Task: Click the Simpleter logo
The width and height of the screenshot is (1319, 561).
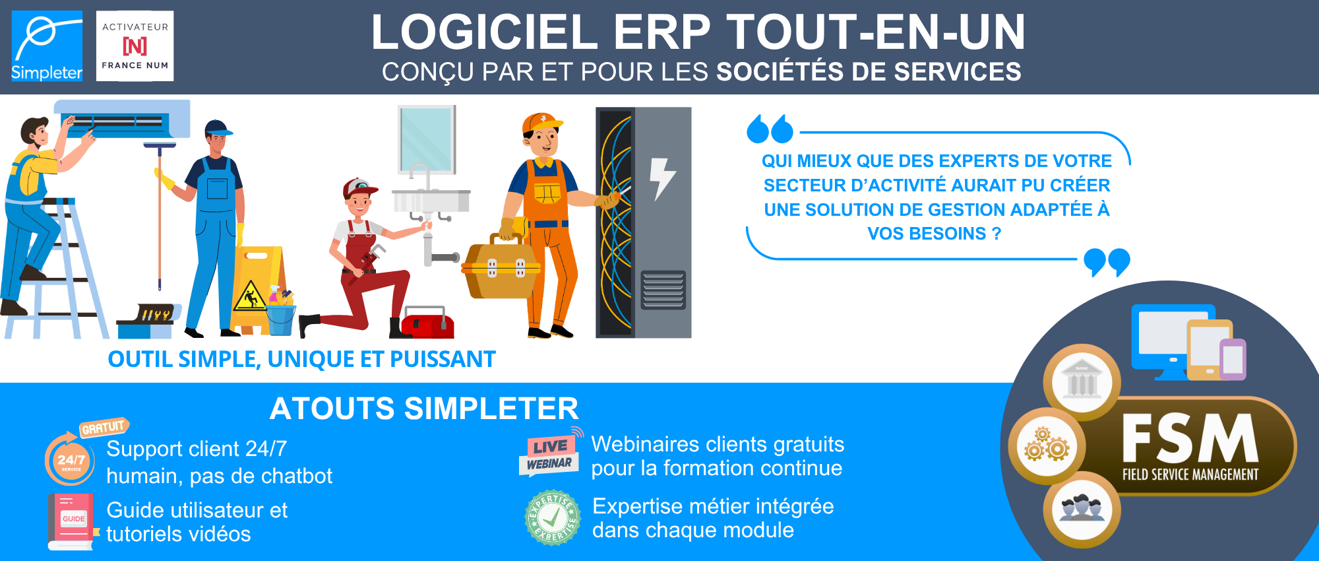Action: (47, 46)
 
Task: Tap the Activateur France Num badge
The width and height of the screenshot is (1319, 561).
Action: (135, 46)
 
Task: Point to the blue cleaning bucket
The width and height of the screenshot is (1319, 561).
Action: (282, 319)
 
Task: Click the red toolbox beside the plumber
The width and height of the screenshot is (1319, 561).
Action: (427, 323)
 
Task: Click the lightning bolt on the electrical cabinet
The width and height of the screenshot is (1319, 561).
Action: (661, 178)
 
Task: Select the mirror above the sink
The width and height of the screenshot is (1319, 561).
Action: (427, 139)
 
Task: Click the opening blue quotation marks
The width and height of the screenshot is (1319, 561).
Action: (770, 129)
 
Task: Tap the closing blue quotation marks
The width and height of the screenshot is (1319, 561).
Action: (1107, 262)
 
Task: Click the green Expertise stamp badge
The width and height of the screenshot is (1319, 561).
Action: (553, 518)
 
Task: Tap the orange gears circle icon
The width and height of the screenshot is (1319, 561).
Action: (1047, 446)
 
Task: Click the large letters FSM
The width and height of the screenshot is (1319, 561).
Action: (1190, 439)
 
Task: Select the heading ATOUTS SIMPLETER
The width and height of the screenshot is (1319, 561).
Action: (424, 409)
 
